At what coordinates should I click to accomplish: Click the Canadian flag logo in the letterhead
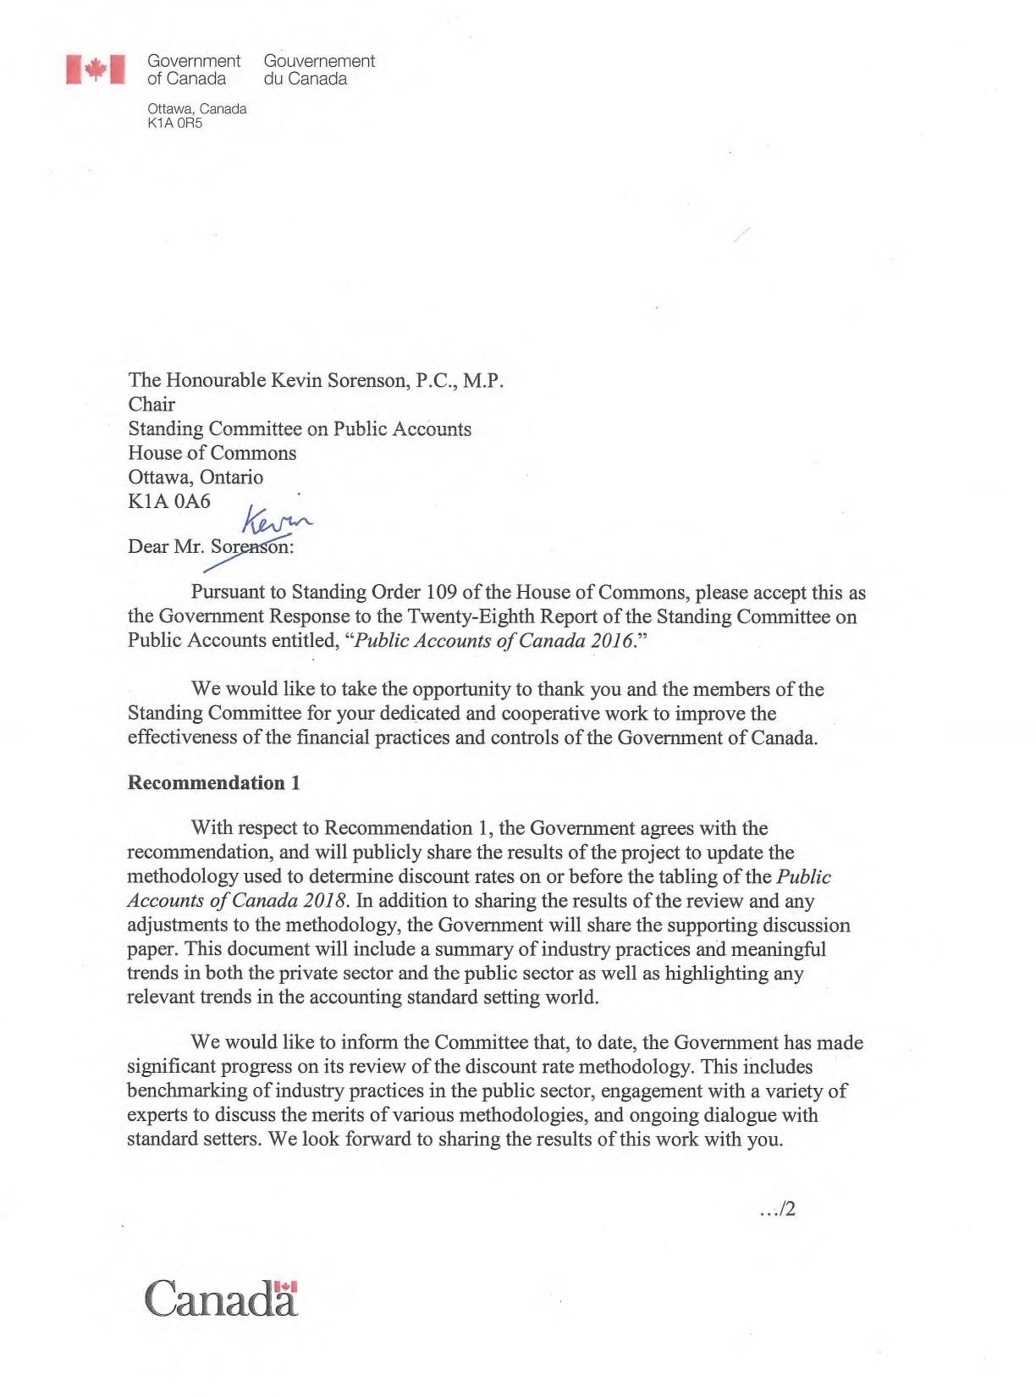click(x=96, y=69)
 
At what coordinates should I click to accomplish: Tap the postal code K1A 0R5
click(x=174, y=123)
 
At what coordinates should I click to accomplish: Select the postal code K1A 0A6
click(x=169, y=501)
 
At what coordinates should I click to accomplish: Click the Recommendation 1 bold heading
click(x=213, y=782)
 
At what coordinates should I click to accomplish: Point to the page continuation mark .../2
click(x=778, y=1209)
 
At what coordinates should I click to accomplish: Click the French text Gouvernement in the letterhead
click(x=319, y=61)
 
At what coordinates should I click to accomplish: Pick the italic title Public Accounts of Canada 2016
click(x=494, y=640)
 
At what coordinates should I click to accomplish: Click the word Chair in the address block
click(x=152, y=405)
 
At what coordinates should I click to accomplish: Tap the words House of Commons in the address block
click(x=212, y=453)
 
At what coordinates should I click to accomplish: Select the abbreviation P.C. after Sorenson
click(x=436, y=380)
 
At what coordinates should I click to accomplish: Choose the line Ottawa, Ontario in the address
click(x=196, y=477)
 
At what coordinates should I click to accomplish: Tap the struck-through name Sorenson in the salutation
click(x=251, y=547)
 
